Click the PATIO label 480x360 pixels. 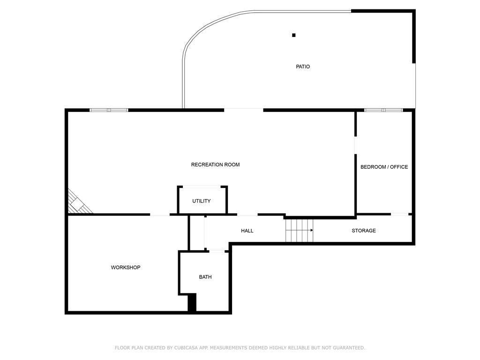303,67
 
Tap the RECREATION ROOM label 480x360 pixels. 215,165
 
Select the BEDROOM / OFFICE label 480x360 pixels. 384,167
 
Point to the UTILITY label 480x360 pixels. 202,201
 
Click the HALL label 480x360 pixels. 247,231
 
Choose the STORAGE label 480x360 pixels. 364,231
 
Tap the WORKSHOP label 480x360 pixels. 126,267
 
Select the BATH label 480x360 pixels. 205,277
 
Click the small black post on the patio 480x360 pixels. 294,35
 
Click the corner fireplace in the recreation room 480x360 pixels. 78,202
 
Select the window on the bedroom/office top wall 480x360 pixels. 383,110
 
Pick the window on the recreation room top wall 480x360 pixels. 109,110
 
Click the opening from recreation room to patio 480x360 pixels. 244,110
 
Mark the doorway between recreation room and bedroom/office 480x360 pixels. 355,145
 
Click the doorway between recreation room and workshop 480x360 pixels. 160,215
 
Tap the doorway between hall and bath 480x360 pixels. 217,251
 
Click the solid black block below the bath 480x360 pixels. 192,303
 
